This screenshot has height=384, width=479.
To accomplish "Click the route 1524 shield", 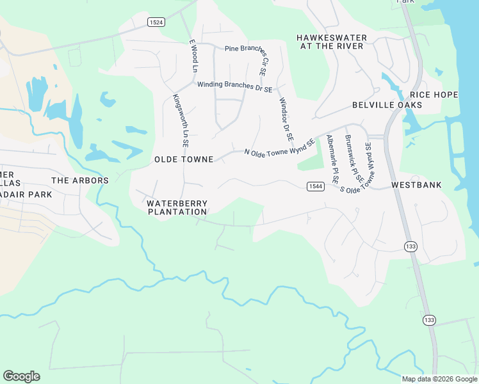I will point(156,22).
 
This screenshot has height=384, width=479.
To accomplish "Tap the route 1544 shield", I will point(314,186).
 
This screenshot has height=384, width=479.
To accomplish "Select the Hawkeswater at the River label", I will point(330,42).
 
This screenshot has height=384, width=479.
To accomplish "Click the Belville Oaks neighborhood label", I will point(387,104).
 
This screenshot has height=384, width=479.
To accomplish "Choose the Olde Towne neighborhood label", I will point(183,159).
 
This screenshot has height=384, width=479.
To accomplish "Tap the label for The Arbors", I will point(80,180).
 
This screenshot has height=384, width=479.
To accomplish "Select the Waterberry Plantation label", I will point(177,207).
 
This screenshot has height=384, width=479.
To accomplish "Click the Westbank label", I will point(416,185).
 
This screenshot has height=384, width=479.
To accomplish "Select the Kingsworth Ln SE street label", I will point(179,121).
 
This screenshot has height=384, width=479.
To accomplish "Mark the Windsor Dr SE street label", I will point(285,119).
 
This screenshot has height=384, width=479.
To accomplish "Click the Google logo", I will point(21,376).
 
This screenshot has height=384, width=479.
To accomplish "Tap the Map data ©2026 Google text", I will point(439,379).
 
